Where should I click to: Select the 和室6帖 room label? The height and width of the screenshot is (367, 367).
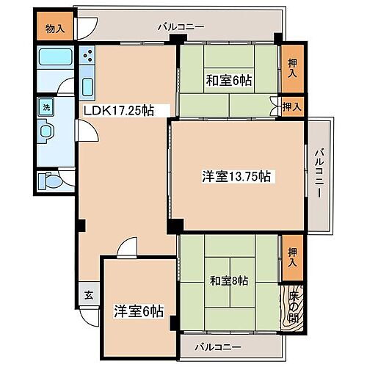(228, 80)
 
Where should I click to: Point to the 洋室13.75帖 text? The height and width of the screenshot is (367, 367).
(237, 176)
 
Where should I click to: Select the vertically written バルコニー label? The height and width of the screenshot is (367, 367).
(319, 174)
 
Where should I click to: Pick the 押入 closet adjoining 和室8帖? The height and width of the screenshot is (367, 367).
(292, 252)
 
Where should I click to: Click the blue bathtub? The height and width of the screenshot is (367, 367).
(54, 58)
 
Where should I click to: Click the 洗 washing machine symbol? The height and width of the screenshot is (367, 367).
(45, 105)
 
